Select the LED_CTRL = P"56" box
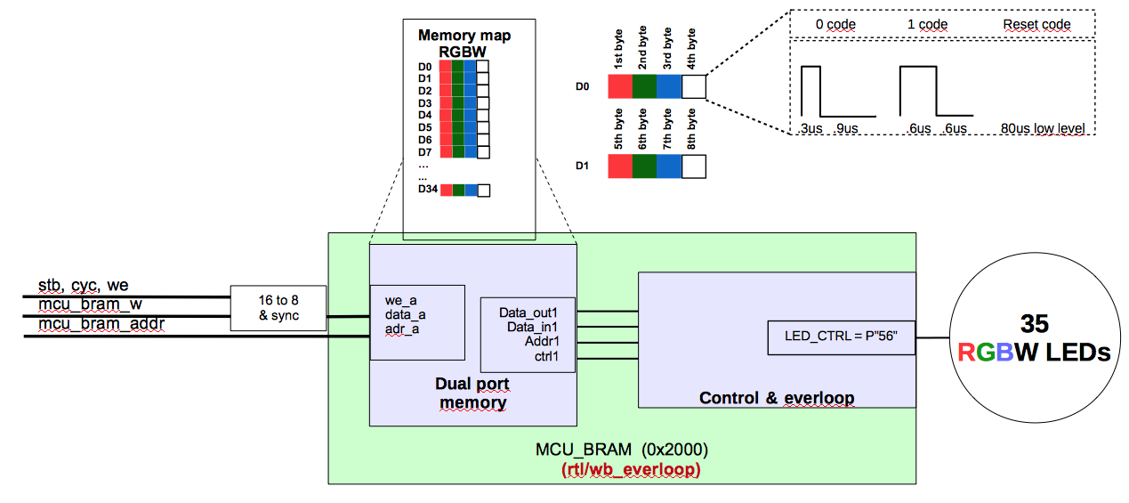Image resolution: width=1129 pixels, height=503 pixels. tap(841, 337)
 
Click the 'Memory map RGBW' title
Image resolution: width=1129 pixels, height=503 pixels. tap(464, 44)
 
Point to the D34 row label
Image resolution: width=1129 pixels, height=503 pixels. tap(428, 190)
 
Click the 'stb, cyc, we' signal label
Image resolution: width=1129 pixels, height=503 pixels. tap(83, 285)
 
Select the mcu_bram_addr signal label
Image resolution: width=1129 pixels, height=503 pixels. tap(101, 324)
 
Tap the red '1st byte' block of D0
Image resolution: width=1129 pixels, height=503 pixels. tap(620, 86)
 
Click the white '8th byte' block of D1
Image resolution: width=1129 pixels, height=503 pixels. tap(693, 166)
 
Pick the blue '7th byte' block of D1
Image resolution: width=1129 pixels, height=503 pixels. tap(669, 166)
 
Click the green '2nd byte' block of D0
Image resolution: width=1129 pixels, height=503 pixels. tap(644, 86)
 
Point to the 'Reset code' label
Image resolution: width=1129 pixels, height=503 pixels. tap(1036, 24)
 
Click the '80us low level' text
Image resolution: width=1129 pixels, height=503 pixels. tap(1043, 128)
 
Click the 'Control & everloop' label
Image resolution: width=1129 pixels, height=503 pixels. tap(776, 397)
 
